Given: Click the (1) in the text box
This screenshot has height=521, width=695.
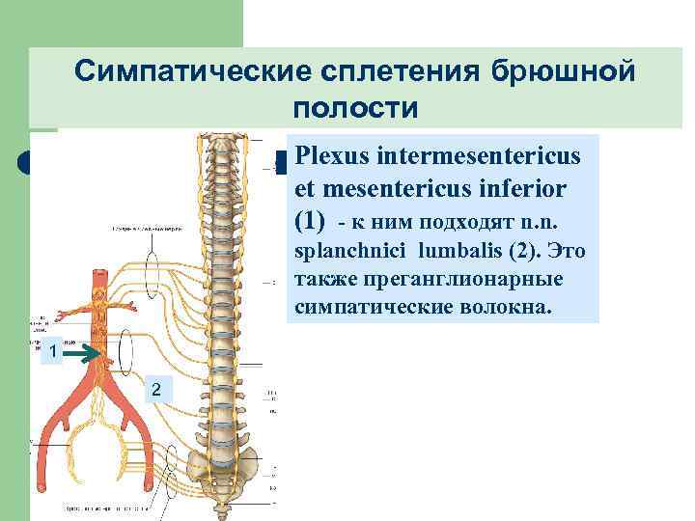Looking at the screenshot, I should point(314,219).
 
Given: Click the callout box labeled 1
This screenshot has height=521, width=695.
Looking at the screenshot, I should point(55,354).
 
